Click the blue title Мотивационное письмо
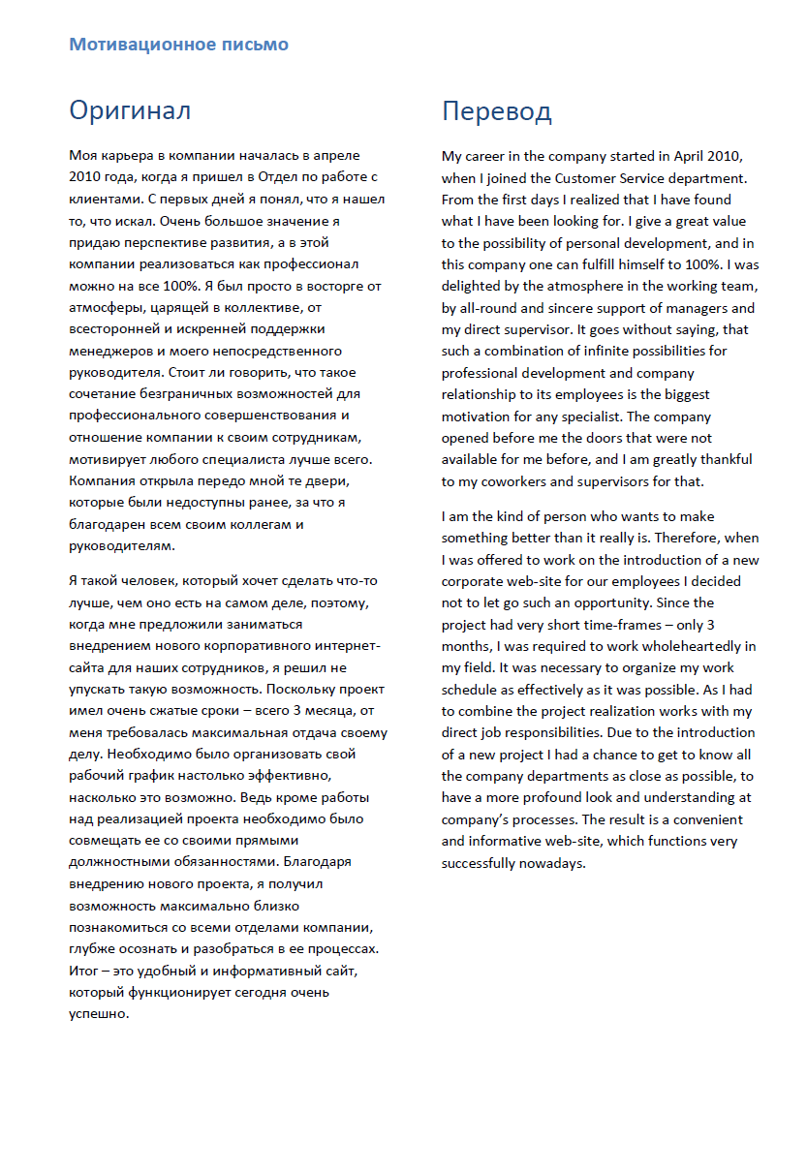coord(178,45)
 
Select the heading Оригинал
coord(130,110)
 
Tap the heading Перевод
coord(496,111)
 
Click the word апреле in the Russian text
coord(338,155)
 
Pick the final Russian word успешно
coord(99,1013)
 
